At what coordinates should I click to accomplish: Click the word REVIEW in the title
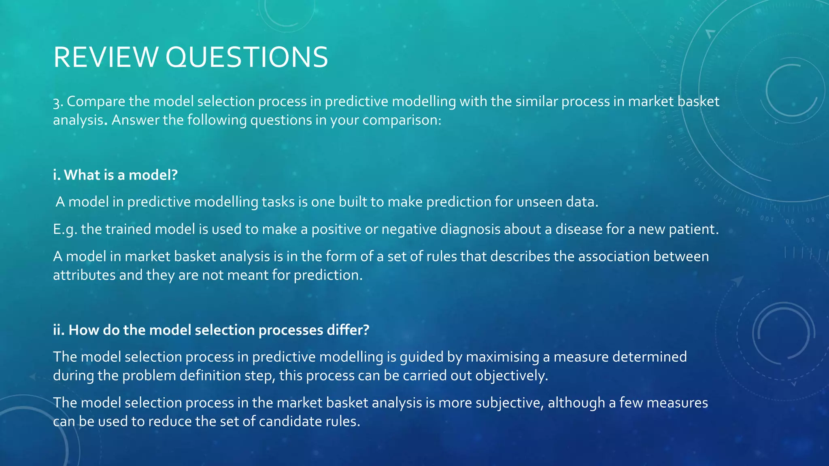pos(105,57)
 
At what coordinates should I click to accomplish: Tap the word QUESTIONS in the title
pos(247,57)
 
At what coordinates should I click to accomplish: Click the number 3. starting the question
pos(58,102)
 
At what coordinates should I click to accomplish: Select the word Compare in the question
pos(96,102)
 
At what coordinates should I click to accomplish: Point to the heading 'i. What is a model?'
pos(115,175)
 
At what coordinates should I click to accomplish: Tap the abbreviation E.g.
pos(65,229)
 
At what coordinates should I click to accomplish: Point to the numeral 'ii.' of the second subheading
pos(59,330)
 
